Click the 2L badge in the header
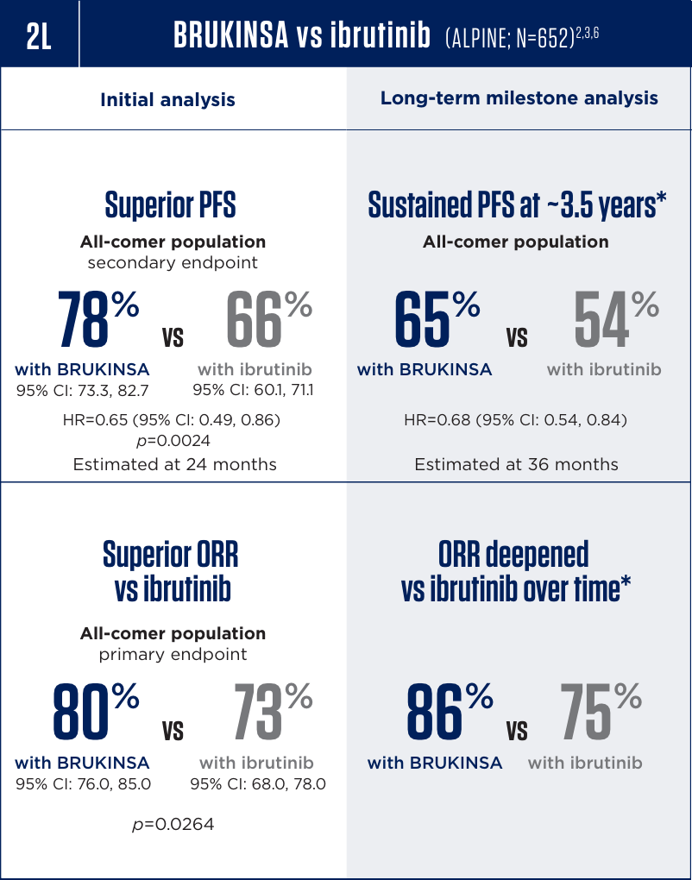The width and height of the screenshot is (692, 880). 39,35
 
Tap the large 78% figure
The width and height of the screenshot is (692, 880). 97,320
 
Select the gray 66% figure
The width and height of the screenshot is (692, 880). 268,320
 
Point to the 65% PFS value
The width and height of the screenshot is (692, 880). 437,320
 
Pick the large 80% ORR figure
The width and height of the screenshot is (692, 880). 95,713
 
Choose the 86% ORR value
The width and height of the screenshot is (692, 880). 448,713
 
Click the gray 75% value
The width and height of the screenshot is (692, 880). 601,713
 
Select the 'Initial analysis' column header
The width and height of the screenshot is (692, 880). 167,100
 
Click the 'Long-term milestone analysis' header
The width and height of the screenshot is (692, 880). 519,98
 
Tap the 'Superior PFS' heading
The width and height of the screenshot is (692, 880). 171,205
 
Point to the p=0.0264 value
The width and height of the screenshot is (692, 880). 173,825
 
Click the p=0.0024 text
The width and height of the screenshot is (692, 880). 174,441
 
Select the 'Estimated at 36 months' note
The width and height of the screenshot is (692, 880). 516,464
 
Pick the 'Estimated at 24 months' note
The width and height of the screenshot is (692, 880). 174,464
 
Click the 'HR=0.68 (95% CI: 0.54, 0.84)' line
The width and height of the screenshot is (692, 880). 516,420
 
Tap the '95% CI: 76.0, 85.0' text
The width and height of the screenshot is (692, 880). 84,784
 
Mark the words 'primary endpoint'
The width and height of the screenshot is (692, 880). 173,654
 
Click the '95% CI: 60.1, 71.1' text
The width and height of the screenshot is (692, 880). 253,390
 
